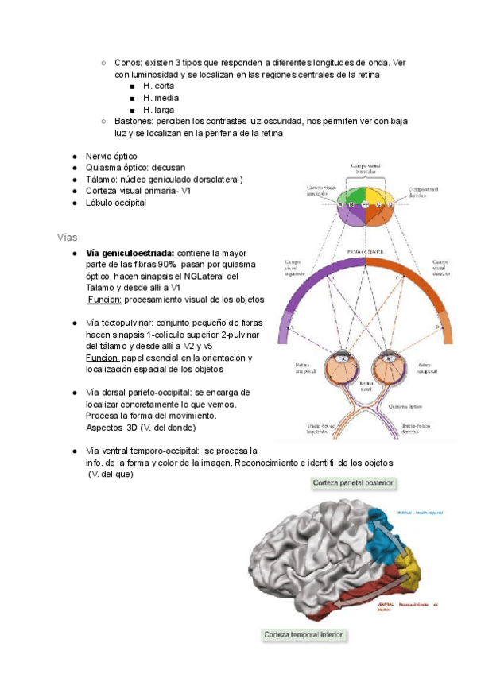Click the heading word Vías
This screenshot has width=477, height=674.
pyautogui.click(x=69, y=238)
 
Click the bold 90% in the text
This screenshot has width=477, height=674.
pyautogui.click(x=167, y=265)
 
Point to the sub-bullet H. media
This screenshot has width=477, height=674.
pyautogui.click(x=159, y=98)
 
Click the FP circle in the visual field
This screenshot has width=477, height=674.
pyautogui.click(x=365, y=204)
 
